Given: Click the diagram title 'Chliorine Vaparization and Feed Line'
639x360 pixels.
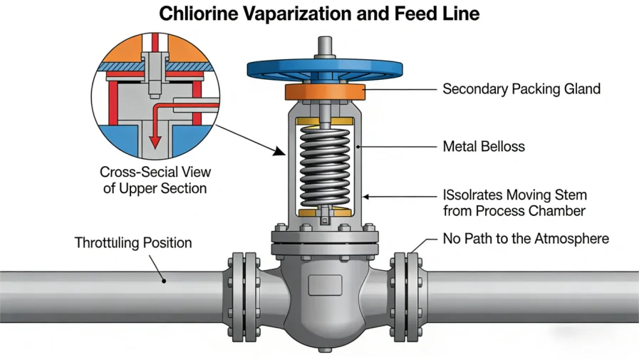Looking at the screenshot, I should [x=319, y=14].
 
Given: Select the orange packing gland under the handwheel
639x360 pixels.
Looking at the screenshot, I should [x=325, y=92].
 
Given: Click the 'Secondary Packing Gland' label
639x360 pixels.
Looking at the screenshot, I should [x=521, y=89].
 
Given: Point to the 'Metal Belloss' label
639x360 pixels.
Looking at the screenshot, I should [x=484, y=147].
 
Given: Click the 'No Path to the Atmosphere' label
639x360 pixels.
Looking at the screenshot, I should [x=526, y=238].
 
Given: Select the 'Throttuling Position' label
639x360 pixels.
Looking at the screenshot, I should [x=133, y=243].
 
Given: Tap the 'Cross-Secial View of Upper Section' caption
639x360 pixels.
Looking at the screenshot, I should [x=155, y=180].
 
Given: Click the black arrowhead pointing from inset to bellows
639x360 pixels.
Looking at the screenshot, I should [x=280, y=152].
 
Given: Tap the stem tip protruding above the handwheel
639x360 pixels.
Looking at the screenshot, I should [x=325, y=43].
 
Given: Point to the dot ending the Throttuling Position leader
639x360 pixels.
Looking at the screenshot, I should [x=165, y=281].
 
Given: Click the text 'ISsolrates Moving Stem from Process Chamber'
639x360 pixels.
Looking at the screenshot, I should [x=515, y=202].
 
